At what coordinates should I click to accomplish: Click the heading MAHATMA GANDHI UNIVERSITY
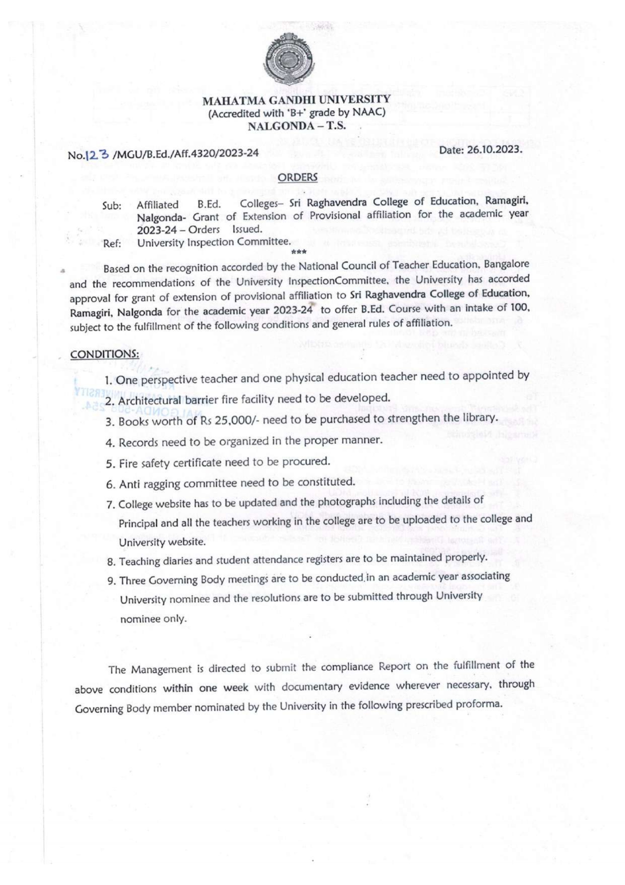click(296, 100)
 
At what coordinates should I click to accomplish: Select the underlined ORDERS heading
click(297, 177)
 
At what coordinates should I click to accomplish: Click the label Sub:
click(111, 206)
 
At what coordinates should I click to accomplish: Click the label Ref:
click(112, 244)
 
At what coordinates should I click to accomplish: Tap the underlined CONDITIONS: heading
click(104, 354)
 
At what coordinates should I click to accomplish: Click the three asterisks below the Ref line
click(299, 252)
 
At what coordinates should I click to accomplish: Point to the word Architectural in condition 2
click(149, 401)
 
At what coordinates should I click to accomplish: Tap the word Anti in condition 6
click(129, 485)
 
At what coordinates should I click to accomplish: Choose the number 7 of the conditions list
click(110, 505)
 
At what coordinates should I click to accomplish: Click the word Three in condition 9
click(132, 580)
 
